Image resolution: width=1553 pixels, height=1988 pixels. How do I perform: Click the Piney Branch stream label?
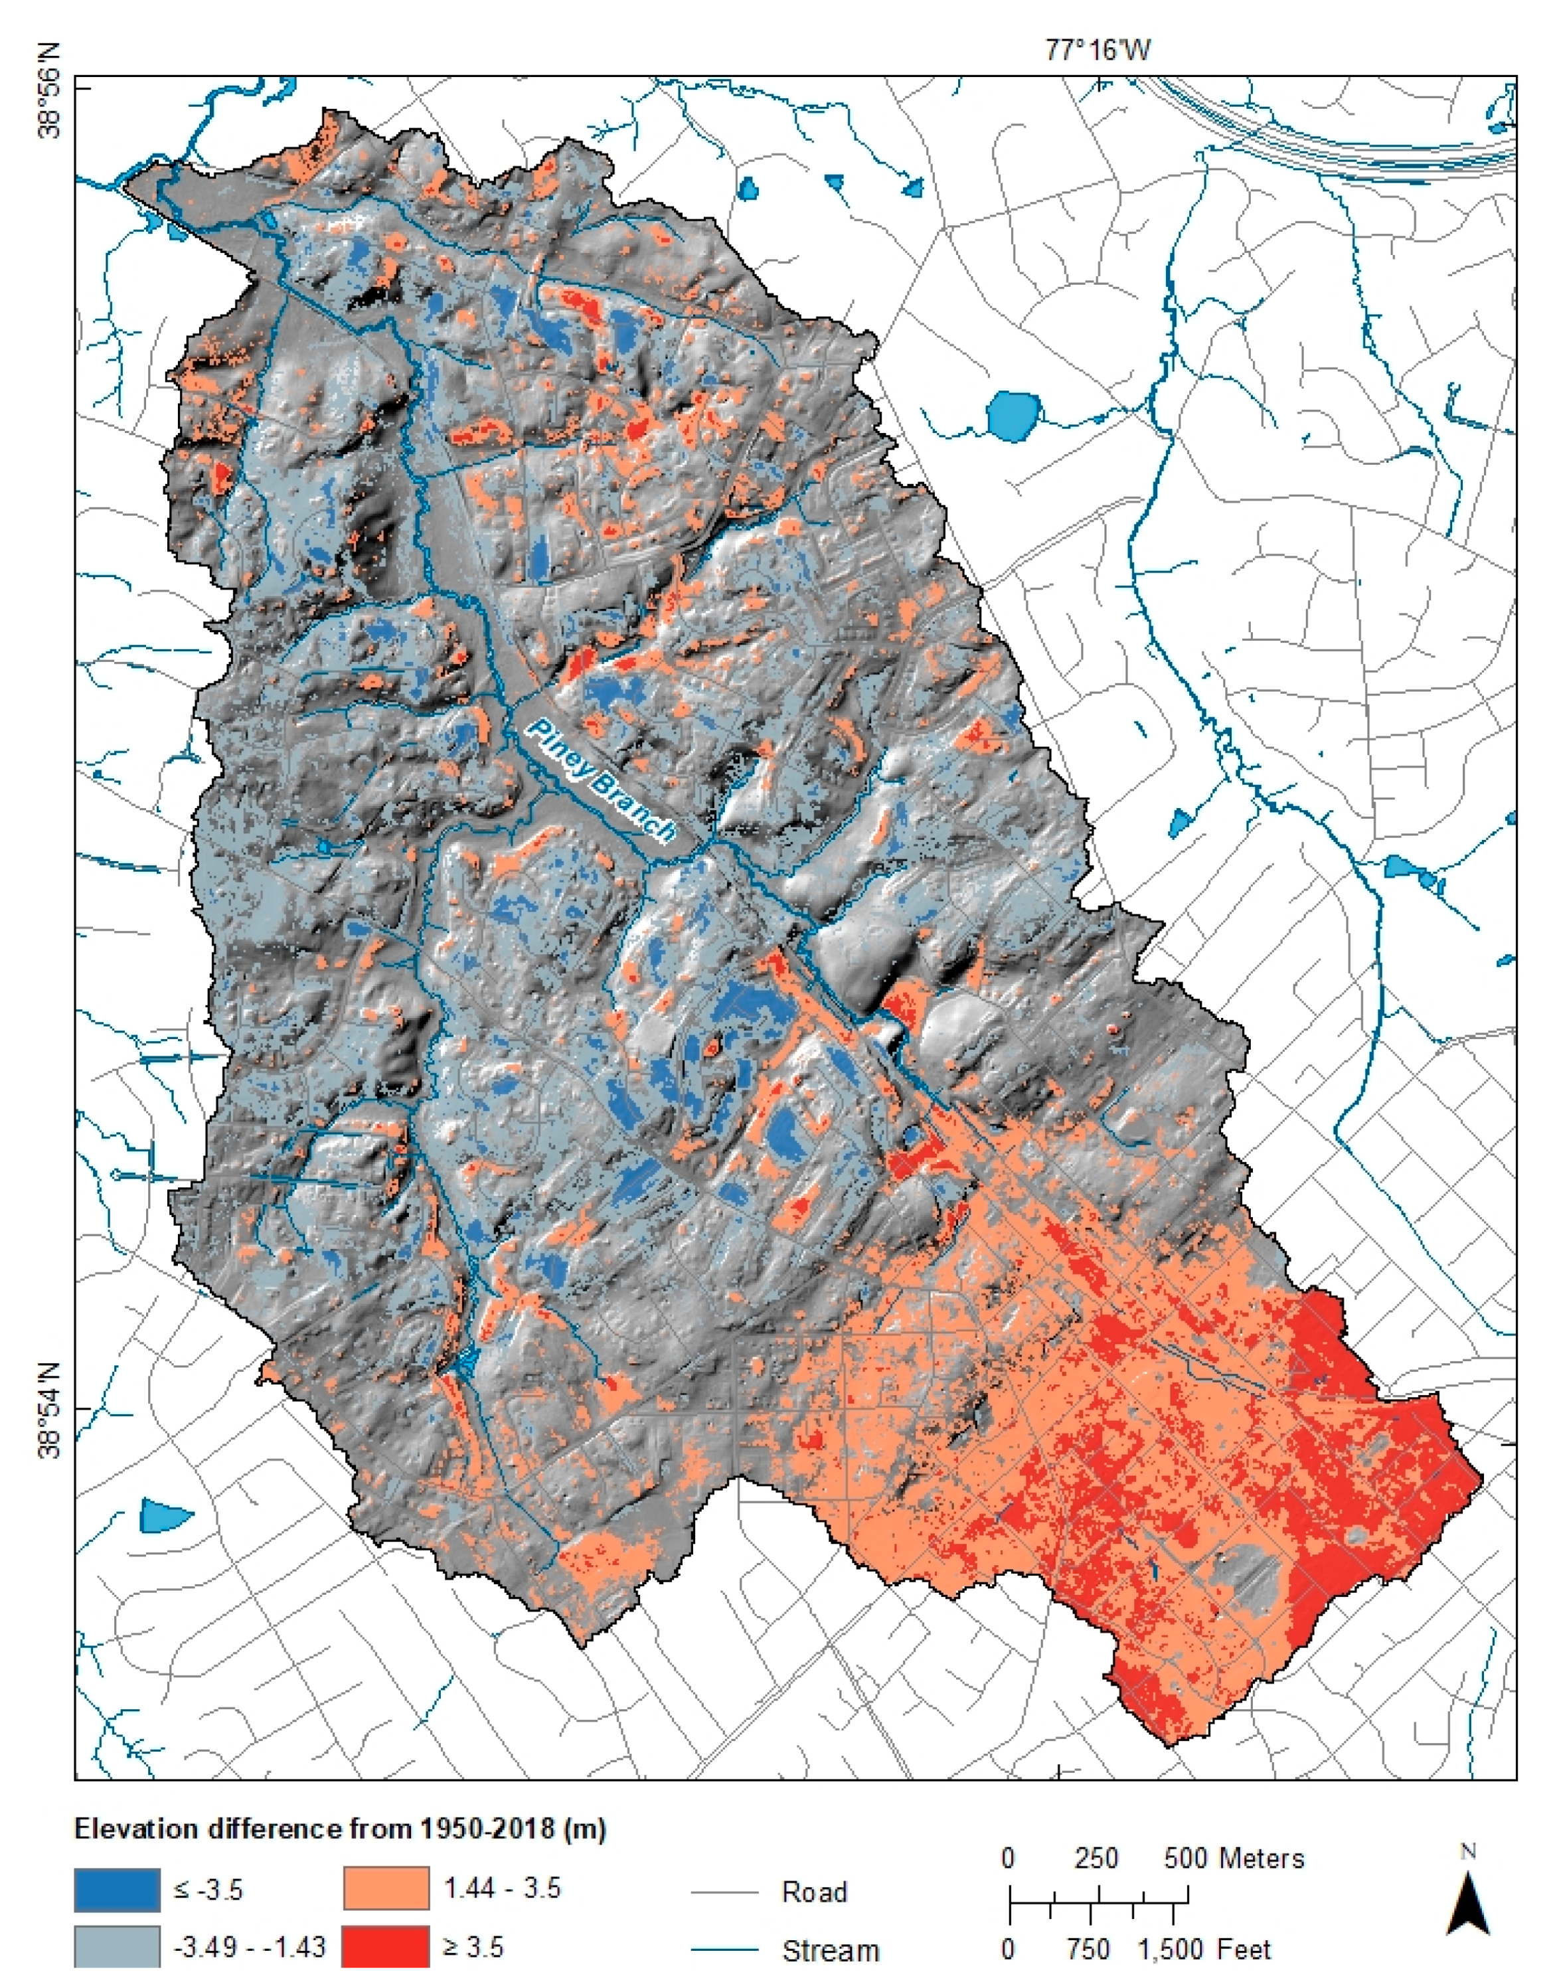coord(603,781)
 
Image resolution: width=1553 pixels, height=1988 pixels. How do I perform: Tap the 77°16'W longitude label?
coord(1097,49)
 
